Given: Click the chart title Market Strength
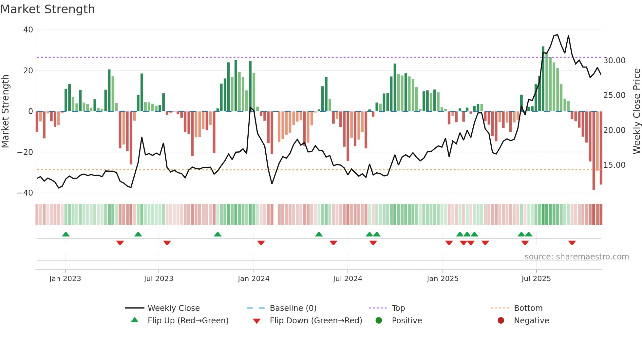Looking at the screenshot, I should pos(47,9).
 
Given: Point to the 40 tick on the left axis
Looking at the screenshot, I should pos(28,30).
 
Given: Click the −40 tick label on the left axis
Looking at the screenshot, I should pos(25,193).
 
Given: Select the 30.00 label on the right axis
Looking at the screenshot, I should pos(614,61).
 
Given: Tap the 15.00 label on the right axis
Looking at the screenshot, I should pos(614,165).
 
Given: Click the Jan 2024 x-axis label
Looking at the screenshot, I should pos(254,279).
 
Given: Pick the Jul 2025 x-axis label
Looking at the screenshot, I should pos(536,279).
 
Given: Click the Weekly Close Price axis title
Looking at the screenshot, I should pos(636,111).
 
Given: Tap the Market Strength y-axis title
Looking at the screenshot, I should pos(6,111).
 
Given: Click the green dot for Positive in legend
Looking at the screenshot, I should pos(379,320).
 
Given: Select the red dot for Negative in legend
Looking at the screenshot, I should pos(501,320).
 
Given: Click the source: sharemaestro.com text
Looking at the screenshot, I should pos(576,257).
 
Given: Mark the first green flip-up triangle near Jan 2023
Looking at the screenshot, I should pos(66,235).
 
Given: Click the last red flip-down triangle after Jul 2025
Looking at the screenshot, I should pos(572,243).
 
